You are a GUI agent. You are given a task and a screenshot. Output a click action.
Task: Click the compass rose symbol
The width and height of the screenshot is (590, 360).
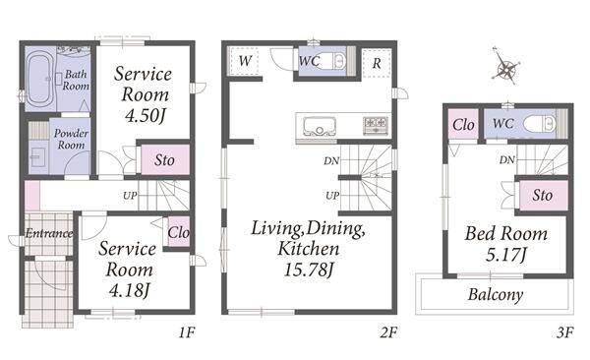point(506,68)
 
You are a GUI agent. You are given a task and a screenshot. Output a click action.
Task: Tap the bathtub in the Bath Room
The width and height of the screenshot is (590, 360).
point(39,80)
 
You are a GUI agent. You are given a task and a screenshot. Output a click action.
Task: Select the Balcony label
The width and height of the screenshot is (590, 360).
point(496,294)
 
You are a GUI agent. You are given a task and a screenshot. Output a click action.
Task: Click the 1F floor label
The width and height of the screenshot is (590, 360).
point(186,332)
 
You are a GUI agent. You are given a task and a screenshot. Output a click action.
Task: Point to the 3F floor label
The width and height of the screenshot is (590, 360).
point(564,332)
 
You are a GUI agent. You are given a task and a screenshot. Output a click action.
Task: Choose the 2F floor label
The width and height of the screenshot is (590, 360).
point(388,332)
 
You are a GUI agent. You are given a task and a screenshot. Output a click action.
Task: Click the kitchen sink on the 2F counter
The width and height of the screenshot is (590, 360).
point(320,126)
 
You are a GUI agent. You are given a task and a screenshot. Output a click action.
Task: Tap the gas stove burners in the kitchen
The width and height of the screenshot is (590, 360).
point(376,125)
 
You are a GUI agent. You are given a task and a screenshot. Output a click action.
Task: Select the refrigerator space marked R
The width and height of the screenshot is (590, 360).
point(377,63)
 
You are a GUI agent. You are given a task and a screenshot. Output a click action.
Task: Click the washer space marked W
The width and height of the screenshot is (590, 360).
point(245,61)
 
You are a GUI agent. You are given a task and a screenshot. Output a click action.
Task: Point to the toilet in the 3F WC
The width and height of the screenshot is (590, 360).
point(539,124)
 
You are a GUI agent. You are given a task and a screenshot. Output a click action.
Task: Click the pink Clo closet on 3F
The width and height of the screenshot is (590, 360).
point(463,124)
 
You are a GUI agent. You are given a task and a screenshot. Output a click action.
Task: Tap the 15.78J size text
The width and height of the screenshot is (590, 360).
point(309,270)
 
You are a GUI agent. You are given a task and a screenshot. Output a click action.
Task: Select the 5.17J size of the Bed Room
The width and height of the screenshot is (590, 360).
point(505,255)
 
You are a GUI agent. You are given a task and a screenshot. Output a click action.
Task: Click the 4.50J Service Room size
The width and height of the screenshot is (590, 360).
point(146,115)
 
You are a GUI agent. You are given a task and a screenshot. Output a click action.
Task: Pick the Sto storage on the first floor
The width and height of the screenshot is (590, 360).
point(165,160)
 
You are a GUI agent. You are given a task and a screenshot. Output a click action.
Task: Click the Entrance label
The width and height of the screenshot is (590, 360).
point(49,233)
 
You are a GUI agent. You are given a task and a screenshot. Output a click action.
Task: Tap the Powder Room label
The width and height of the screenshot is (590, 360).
point(71,139)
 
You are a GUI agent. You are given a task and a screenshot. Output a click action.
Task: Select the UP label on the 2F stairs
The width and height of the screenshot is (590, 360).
point(332,196)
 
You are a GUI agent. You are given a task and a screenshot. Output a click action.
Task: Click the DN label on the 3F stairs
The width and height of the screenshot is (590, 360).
point(507,160)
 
